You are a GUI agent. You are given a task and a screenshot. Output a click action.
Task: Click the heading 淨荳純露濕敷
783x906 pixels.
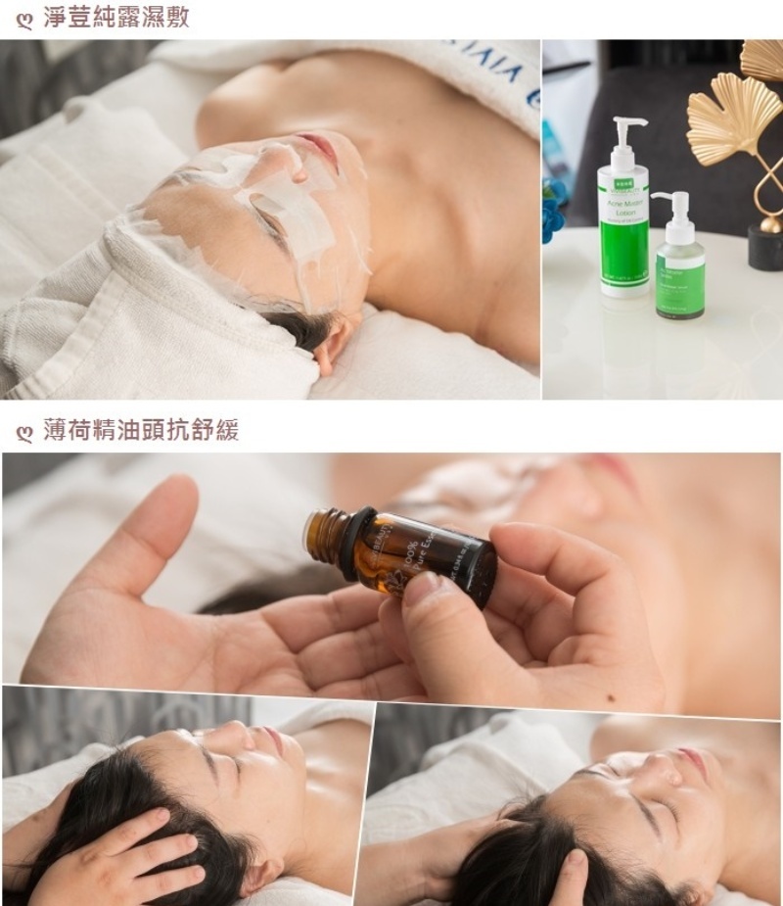(x=116, y=18)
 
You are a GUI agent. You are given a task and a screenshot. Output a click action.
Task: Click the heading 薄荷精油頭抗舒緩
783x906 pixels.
(x=141, y=430)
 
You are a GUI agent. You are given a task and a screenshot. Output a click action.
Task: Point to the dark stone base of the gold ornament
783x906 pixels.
(x=764, y=248)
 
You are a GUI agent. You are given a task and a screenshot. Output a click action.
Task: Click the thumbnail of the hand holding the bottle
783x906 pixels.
(x=421, y=587)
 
